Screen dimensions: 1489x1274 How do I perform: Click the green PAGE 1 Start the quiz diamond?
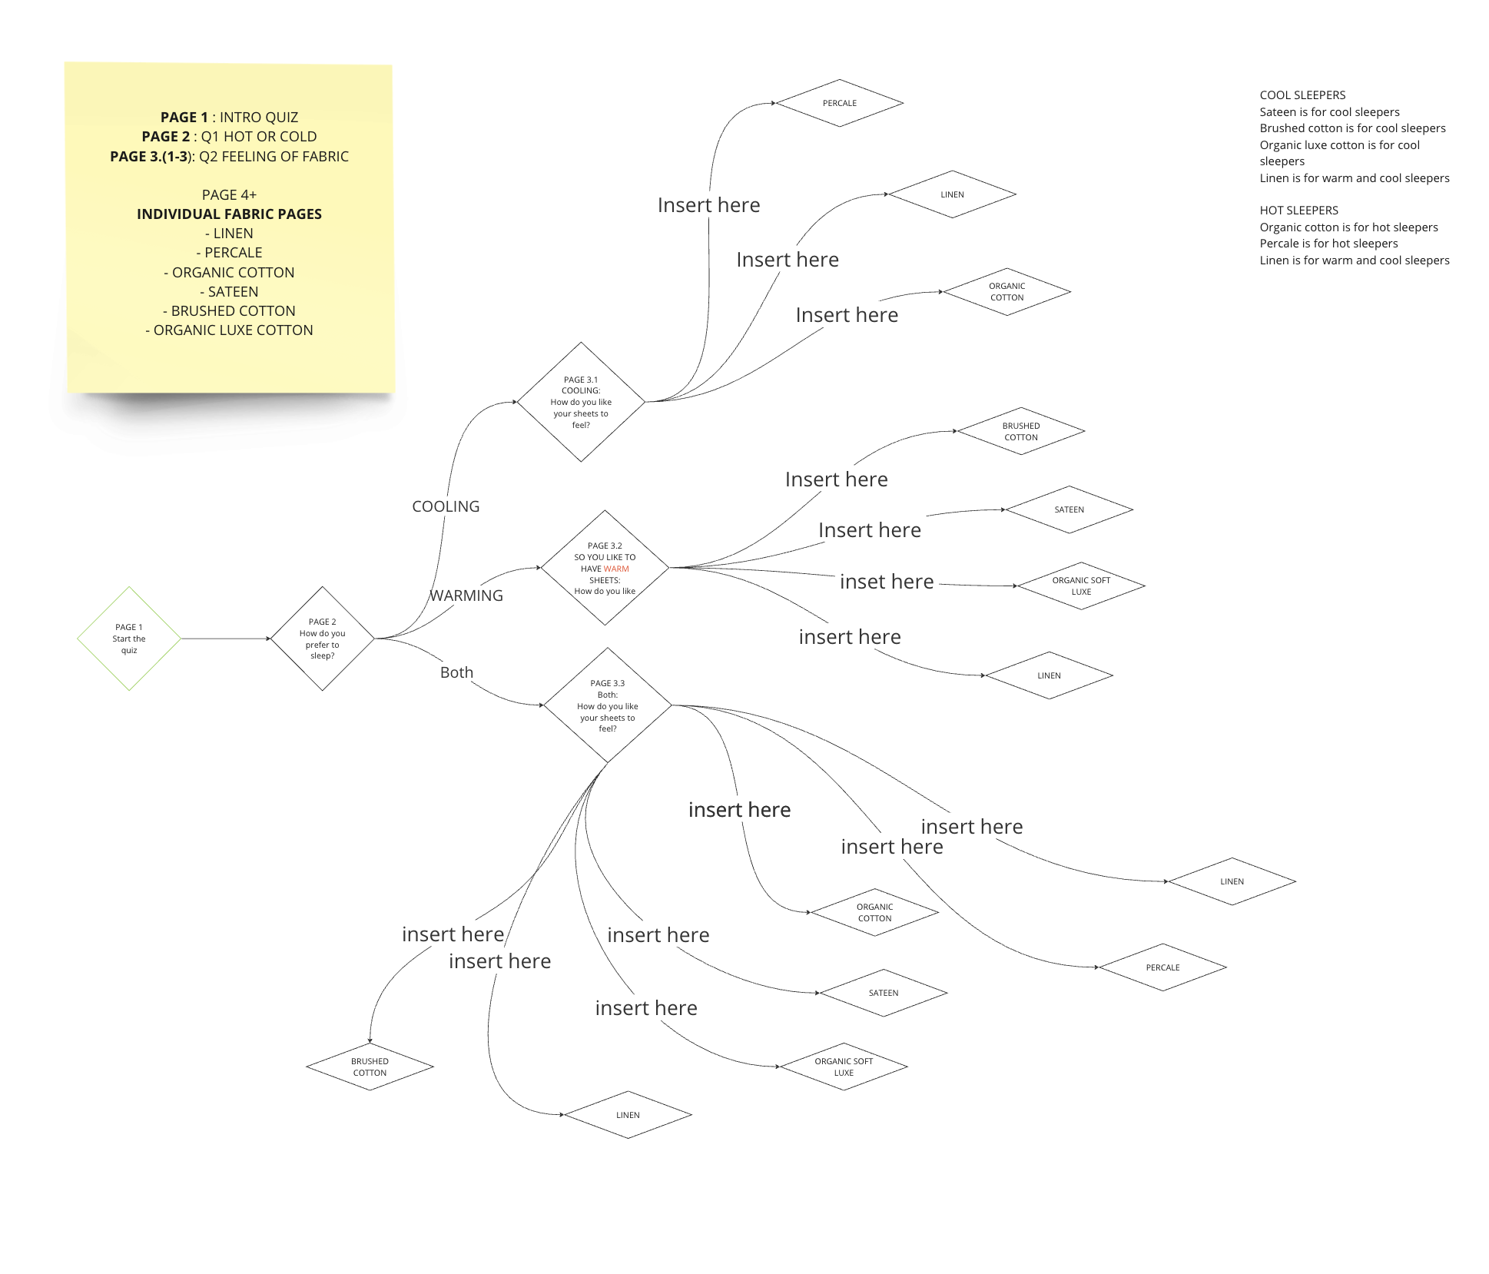click(x=129, y=639)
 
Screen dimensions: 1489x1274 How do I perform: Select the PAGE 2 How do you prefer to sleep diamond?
click(x=323, y=639)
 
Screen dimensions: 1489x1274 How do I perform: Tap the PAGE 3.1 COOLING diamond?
click(x=581, y=402)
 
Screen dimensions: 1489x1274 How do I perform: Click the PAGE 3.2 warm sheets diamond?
click(x=605, y=568)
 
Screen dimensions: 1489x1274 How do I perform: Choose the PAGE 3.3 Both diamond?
click(x=608, y=705)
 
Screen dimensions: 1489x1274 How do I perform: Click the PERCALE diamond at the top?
click(x=840, y=103)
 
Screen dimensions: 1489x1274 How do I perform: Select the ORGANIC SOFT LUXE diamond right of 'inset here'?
click(x=1081, y=586)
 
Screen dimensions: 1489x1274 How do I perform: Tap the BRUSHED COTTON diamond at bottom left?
click(x=370, y=1067)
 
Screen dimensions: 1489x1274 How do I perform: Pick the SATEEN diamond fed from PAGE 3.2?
click(x=1069, y=509)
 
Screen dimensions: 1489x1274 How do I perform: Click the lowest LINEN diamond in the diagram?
click(x=628, y=1115)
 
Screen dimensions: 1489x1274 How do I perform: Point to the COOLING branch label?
click(x=446, y=506)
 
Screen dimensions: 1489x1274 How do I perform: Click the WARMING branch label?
click(x=466, y=596)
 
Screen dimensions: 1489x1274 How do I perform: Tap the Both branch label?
click(x=456, y=672)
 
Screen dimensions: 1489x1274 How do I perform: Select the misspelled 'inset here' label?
click(x=887, y=582)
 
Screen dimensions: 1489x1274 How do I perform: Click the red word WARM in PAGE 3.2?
click(x=616, y=569)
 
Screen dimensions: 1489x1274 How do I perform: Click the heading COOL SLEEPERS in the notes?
click(x=1302, y=95)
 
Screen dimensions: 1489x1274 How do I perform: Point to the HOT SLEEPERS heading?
click(x=1298, y=211)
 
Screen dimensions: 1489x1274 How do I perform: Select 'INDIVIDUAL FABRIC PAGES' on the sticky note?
click(x=229, y=214)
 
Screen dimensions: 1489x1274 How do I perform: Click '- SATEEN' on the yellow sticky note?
click(x=229, y=292)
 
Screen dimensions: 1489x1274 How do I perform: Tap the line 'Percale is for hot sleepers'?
click(x=1328, y=244)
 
